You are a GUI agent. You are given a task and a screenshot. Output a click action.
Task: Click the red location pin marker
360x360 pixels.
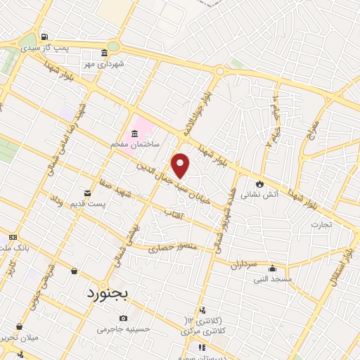181,165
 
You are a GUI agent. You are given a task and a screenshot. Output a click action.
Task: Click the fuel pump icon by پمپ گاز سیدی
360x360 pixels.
45,37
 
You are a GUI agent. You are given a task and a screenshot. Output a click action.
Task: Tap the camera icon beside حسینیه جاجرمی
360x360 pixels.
84,328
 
